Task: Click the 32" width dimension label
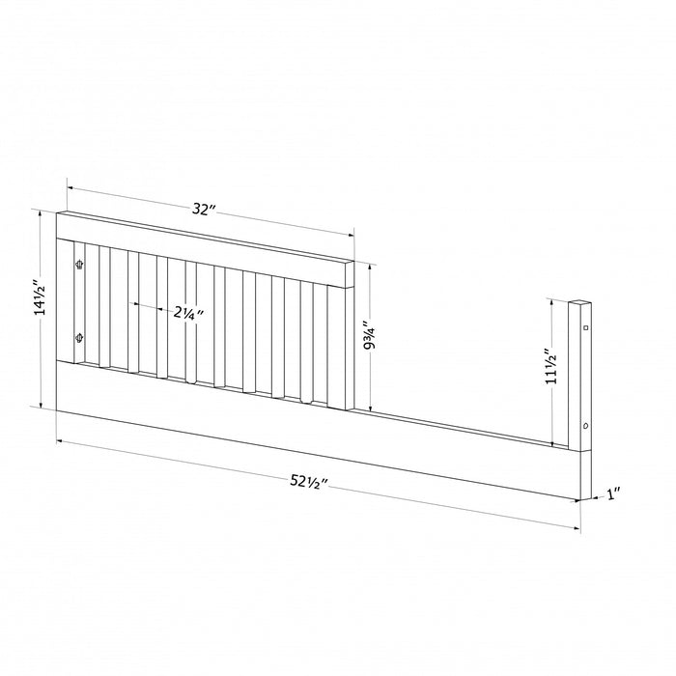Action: [x=201, y=210]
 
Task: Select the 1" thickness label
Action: [x=612, y=494]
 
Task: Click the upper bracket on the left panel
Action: [x=79, y=262]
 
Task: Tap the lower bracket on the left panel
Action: [x=79, y=337]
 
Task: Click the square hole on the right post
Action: [x=585, y=329]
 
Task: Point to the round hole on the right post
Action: [x=585, y=426]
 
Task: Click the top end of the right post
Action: [x=579, y=301]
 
